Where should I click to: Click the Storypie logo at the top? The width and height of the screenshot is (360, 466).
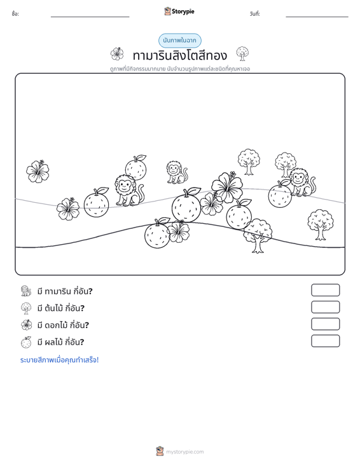pos(179,11)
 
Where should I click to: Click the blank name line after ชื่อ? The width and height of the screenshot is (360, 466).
pos(90,17)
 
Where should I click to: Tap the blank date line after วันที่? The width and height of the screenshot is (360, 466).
pos(317,17)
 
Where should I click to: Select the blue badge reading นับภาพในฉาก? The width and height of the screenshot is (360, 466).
pos(179,41)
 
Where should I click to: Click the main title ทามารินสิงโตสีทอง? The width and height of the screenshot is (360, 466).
pos(180,55)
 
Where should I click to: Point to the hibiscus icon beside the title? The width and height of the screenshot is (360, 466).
pos(117,54)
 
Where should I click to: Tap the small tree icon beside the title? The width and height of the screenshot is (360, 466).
pos(242,53)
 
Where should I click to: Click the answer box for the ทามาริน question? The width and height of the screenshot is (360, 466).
pos(325,290)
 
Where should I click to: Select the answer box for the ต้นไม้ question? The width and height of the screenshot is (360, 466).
pos(325,307)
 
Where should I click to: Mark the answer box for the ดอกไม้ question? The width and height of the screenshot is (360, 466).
pos(325,324)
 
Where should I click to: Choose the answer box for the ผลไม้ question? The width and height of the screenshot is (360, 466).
pos(325,341)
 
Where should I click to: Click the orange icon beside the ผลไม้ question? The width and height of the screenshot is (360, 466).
pos(26,342)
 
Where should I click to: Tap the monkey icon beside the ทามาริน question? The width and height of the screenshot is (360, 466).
pos(26,291)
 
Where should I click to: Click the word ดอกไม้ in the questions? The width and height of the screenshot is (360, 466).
pos(56,325)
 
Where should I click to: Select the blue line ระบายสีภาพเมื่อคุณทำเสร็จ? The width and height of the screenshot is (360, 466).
pos(59,360)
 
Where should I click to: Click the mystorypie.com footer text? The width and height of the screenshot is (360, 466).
pos(184,452)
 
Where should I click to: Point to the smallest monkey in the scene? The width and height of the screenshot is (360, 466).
pos(177,172)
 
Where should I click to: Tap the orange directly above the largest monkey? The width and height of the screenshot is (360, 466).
pos(136,167)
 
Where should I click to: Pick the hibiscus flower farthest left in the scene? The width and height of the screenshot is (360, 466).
pos(38,171)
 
